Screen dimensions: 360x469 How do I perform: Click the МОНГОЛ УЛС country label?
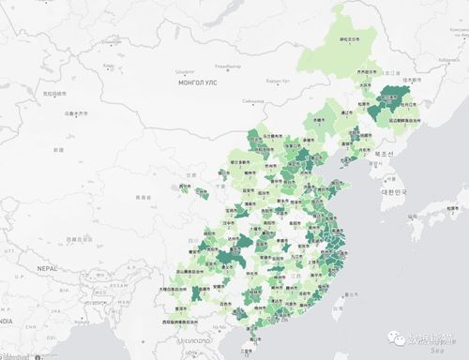tap(194, 82)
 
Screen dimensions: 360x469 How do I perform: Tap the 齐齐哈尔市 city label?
tap(368, 71)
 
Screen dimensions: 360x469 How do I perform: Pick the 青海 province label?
tap(144, 197)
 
